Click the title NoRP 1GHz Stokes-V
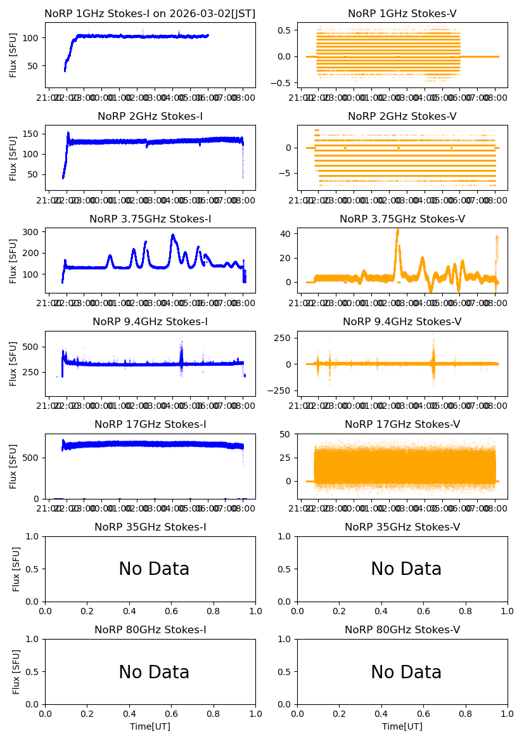[402, 14]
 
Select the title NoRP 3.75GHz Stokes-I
[150, 219]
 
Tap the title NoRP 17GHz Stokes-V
[402, 425]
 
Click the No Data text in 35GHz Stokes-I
[154, 569]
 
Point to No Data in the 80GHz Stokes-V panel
[406, 673]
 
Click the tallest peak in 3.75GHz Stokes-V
[397, 230]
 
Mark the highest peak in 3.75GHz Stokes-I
[172, 235]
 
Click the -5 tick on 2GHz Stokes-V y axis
[288, 172]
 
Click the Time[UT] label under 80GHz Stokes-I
[150, 726]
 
